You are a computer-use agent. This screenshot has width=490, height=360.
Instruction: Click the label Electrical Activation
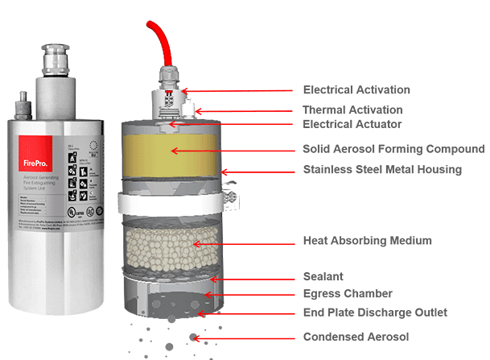[x=356, y=89]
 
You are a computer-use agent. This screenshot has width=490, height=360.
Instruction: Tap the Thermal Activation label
[x=352, y=110]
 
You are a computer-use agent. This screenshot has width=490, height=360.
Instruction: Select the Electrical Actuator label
[x=352, y=124]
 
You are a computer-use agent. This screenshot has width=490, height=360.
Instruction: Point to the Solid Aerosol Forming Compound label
[x=393, y=149]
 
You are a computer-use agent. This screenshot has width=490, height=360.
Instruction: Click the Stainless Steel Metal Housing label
[x=381, y=169]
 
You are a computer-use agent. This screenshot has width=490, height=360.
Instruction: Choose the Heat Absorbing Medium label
[x=366, y=240]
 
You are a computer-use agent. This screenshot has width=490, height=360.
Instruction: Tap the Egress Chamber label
[x=347, y=293]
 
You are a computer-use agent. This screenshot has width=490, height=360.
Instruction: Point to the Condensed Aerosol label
[x=355, y=336]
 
